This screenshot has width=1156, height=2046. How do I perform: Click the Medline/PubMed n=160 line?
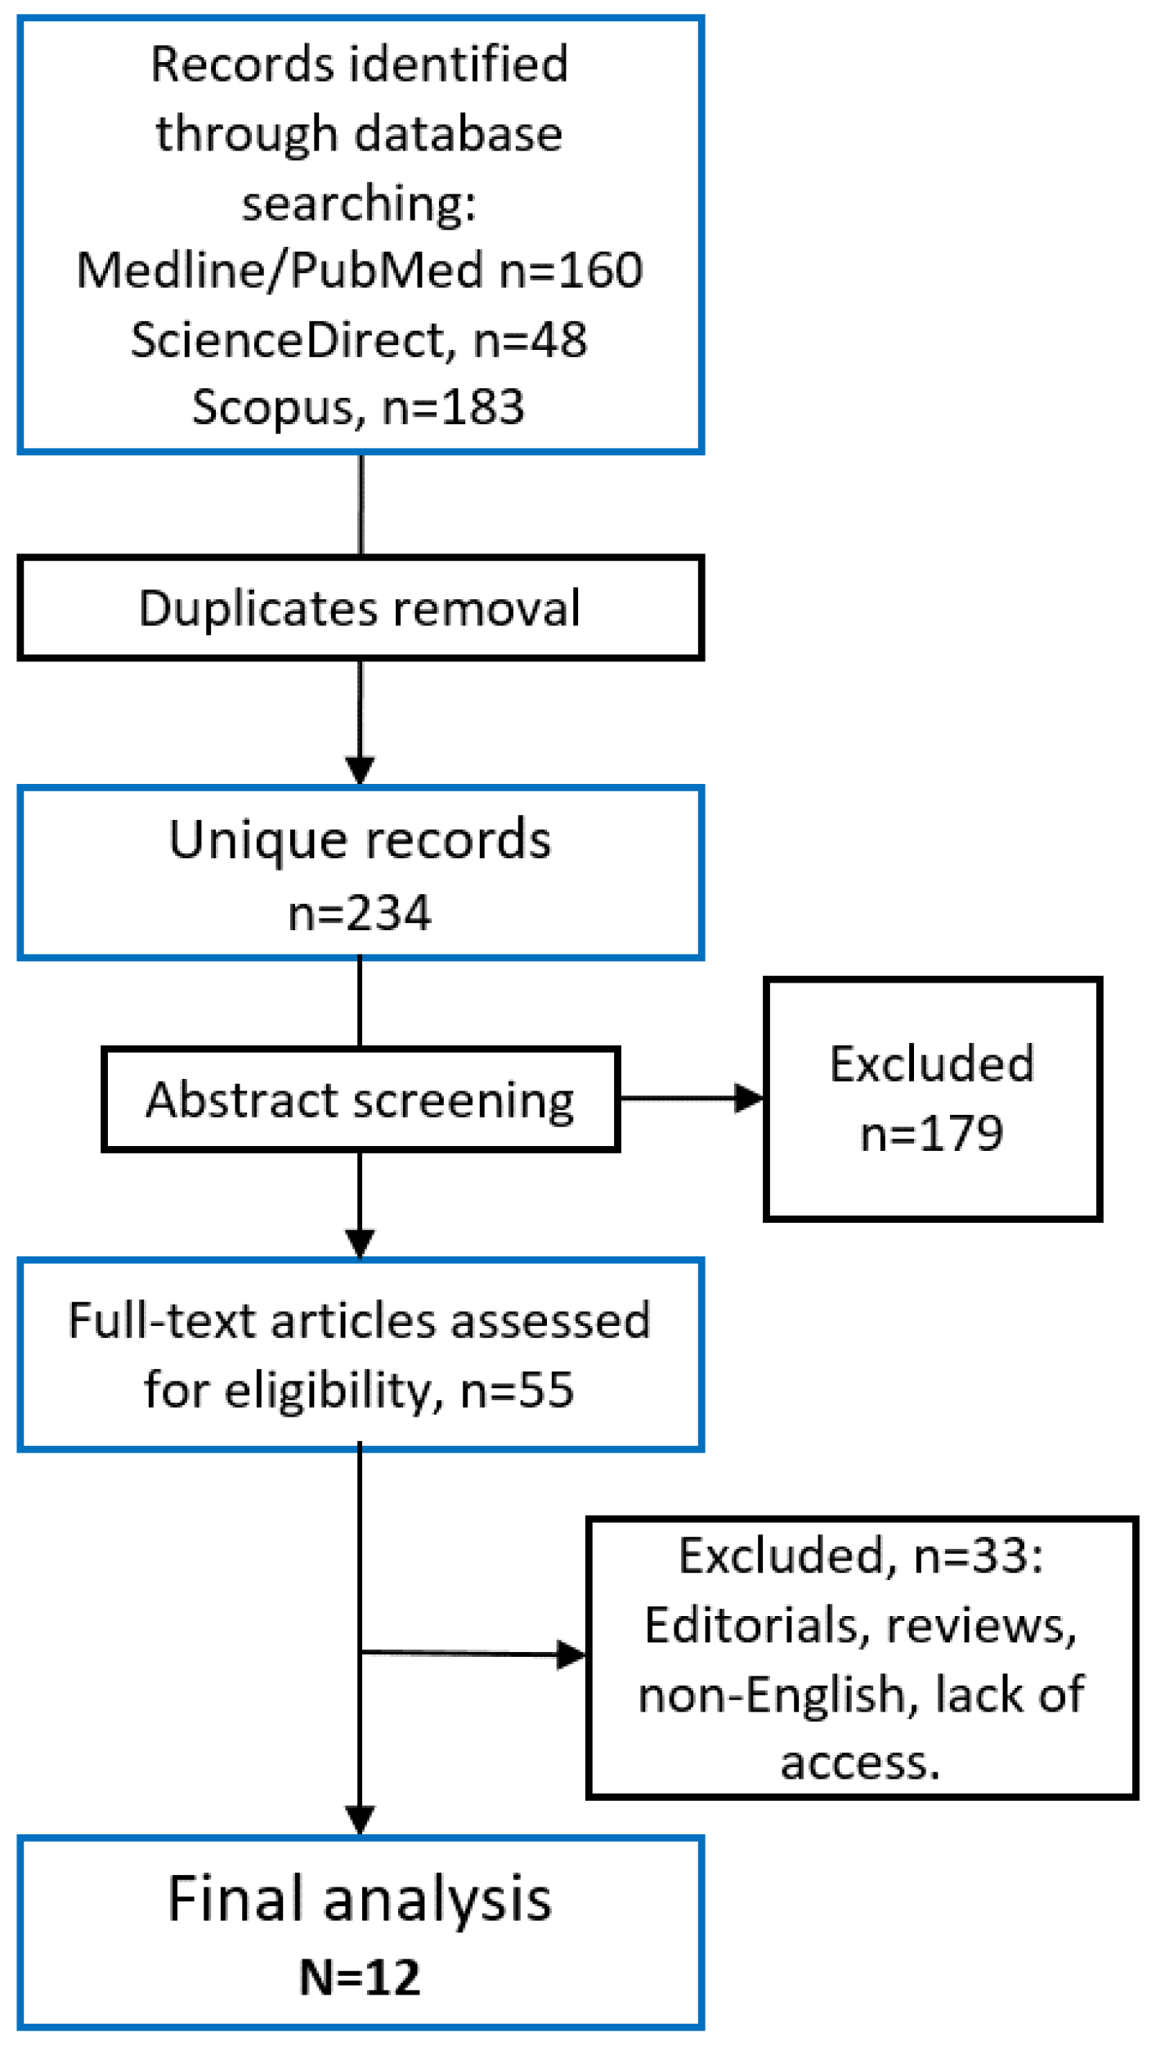tap(360, 270)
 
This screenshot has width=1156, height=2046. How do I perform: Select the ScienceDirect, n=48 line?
tap(360, 339)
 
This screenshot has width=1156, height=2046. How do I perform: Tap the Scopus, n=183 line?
tap(358, 407)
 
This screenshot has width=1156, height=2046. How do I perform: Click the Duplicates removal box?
tap(360, 608)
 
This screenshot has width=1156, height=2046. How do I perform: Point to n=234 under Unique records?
tap(360, 913)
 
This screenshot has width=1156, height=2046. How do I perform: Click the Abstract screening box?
tap(360, 1099)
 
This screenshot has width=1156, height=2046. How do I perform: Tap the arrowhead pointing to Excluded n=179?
tap(747, 1098)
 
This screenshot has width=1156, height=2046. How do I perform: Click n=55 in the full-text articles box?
tap(518, 1389)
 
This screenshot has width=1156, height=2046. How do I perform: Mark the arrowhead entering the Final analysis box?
tap(360, 1820)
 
